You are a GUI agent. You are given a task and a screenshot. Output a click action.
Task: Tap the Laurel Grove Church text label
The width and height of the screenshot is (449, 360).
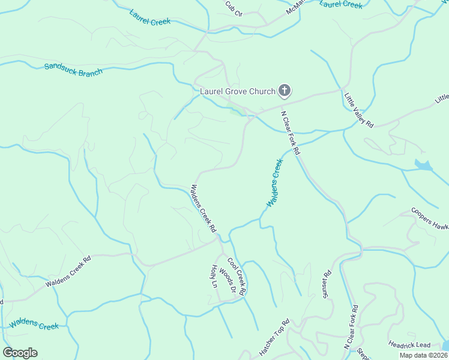[237, 91]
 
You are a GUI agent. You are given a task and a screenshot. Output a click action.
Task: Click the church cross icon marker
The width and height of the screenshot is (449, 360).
[285, 91]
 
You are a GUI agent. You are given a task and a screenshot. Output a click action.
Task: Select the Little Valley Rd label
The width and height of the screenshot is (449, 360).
[359, 109]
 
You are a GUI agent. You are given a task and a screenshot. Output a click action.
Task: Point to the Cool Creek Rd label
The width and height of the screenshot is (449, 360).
[236, 275]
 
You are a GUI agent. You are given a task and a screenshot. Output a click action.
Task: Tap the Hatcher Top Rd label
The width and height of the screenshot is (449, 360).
[274, 338]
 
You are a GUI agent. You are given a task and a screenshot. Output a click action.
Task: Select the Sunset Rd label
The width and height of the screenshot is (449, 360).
[328, 286]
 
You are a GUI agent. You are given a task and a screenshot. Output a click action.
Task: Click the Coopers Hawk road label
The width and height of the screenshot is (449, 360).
[430, 219]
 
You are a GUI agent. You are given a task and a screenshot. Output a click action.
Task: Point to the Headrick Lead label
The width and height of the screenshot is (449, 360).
[409, 344]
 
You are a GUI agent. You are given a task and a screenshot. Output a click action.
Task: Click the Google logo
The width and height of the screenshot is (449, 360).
[20, 353]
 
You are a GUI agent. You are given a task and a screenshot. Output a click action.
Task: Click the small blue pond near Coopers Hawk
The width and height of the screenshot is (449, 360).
[423, 165]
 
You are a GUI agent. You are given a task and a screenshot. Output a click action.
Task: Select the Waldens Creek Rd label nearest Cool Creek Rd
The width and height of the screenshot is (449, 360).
[203, 208]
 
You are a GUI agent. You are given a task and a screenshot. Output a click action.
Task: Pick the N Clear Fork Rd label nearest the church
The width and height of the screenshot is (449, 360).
[291, 132]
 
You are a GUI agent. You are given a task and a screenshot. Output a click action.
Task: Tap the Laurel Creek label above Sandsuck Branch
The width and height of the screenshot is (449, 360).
[149, 17]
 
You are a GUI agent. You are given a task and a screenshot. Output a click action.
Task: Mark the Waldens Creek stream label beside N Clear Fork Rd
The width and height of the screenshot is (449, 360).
[274, 183]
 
